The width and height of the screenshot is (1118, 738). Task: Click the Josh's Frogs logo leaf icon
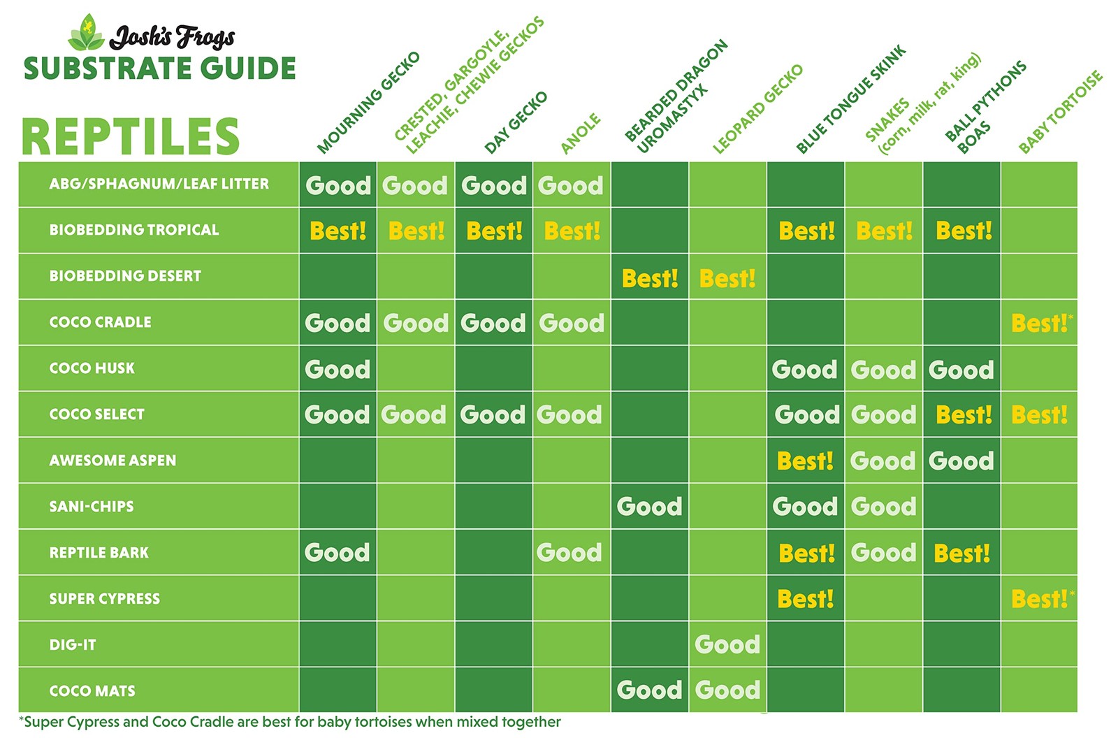tap(87, 33)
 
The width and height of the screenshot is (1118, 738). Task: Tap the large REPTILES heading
tap(131, 136)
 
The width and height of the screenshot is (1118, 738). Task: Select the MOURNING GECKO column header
tap(368, 102)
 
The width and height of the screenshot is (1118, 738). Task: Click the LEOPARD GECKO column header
tap(757, 109)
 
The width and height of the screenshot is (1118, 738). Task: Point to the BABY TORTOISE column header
tap(1060, 112)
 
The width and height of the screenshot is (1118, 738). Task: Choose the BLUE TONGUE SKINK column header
tap(850, 99)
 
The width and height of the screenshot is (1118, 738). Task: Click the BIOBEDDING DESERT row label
tap(125, 276)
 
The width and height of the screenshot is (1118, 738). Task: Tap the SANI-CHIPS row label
tap(92, 507)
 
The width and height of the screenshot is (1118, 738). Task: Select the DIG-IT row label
tap(73, 645)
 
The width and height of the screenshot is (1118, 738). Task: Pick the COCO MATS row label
tap(92, 691)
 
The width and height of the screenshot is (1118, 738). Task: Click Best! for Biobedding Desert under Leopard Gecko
tap(727, 279)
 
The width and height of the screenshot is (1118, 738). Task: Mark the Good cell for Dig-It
tap(727, 644)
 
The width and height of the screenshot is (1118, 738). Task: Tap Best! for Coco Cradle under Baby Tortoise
tap(1040, 324)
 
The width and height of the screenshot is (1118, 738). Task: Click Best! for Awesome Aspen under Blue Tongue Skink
tap(805, 461)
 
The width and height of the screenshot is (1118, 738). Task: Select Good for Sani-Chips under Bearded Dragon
tap(649, 507)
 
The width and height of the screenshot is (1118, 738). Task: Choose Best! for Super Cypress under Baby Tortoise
tap(1040, 599)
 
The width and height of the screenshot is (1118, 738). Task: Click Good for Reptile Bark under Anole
tap(569, 553)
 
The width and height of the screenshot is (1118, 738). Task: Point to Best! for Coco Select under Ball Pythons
tap(964, 415)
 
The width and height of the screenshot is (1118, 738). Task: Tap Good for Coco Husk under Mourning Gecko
tap(337, 369)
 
